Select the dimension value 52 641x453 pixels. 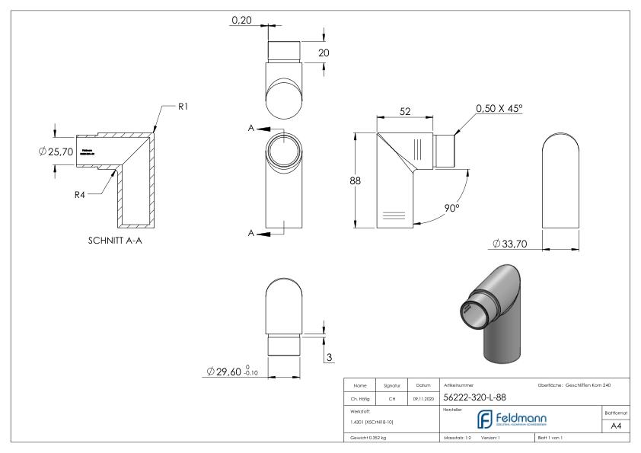coord(405,112)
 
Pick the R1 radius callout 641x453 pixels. coord(183,107)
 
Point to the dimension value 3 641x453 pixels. coord(328,357)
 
